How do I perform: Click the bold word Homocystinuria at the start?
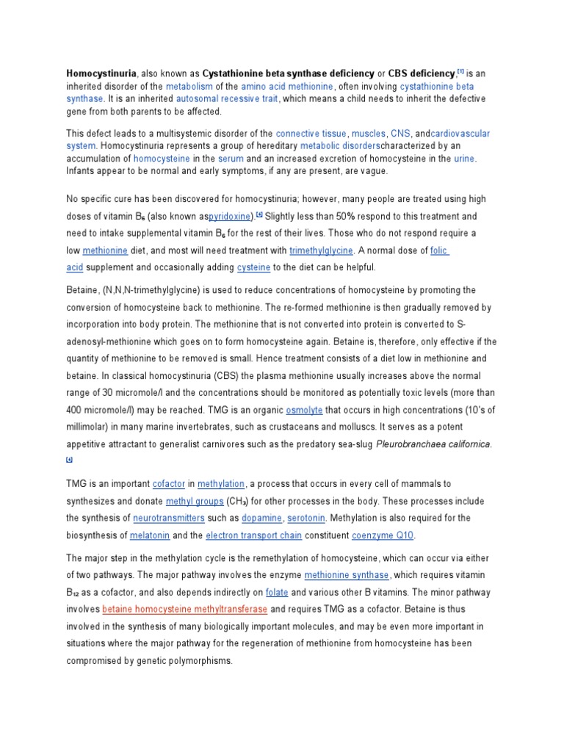click(x=101, y=73)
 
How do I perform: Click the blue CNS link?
click(x=400, y=134)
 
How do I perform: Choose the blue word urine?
click(x=465, y=159)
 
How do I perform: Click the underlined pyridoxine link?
click(x=231, y=217)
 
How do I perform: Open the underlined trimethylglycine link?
click(x=321, y=250)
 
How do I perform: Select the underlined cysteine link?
click(x=253, y=267)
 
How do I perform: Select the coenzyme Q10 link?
click(x=383, y=535)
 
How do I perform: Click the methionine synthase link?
click(x=346, y=575)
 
